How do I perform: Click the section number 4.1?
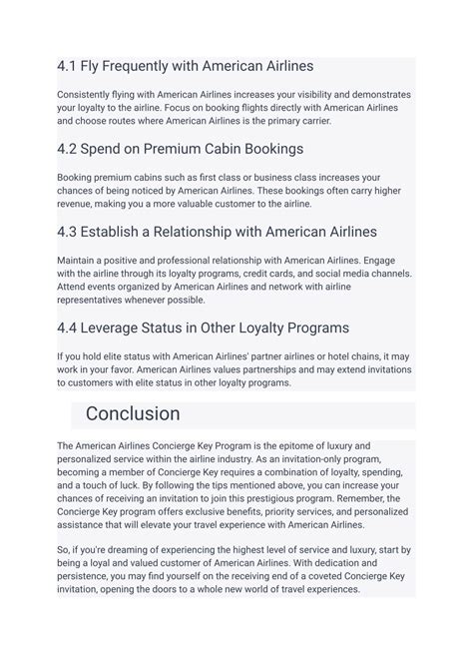point(67,66)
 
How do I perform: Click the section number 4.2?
point(68,149)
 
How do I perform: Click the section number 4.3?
point(68,232)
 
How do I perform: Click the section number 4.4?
point(68,329)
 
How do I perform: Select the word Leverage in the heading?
point(124,329)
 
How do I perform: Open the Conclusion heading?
point(133,413)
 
